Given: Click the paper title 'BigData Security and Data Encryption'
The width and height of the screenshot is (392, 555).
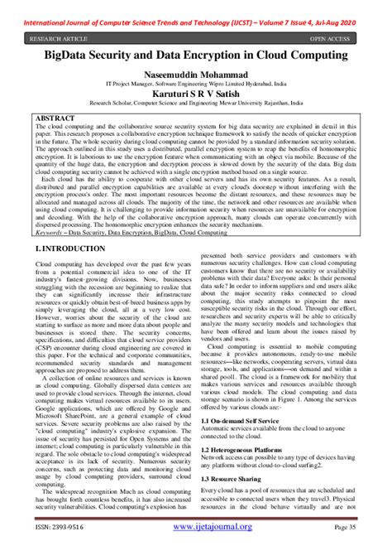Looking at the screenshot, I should point(196,55).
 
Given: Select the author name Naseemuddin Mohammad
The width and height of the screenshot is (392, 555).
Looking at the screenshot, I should point(195,75).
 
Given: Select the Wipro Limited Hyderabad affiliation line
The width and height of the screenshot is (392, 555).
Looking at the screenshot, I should point(195,85).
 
